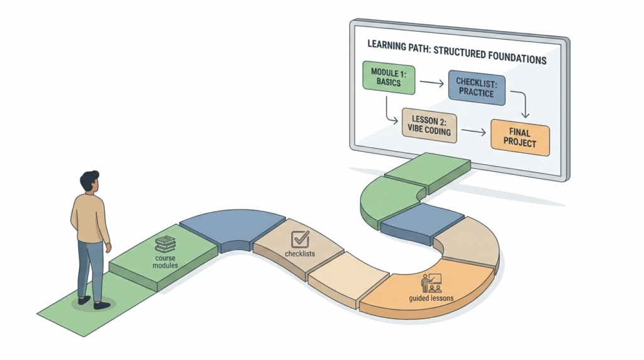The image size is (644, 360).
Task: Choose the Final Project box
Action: click(519, 137)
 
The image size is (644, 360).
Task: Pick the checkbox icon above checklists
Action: click(300, 239)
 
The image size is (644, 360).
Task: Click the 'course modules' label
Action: click(166, 261)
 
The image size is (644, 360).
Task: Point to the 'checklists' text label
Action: click(300, 254)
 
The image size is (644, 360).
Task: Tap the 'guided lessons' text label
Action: click(431, 299)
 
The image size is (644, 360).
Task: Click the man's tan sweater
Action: click(90, 217)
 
